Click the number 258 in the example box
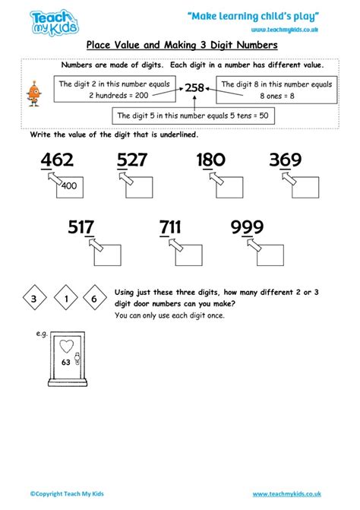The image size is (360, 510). coord(195,88)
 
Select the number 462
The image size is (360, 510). coord(54,160)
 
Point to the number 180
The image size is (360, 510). coord(210,160)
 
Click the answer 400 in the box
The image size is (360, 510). coord(69,186)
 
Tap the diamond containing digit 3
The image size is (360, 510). coord(33,299)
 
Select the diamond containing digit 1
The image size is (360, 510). coord(65,299)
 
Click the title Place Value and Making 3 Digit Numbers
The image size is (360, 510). coord(180,46)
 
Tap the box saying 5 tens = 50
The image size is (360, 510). coord(194,116)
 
